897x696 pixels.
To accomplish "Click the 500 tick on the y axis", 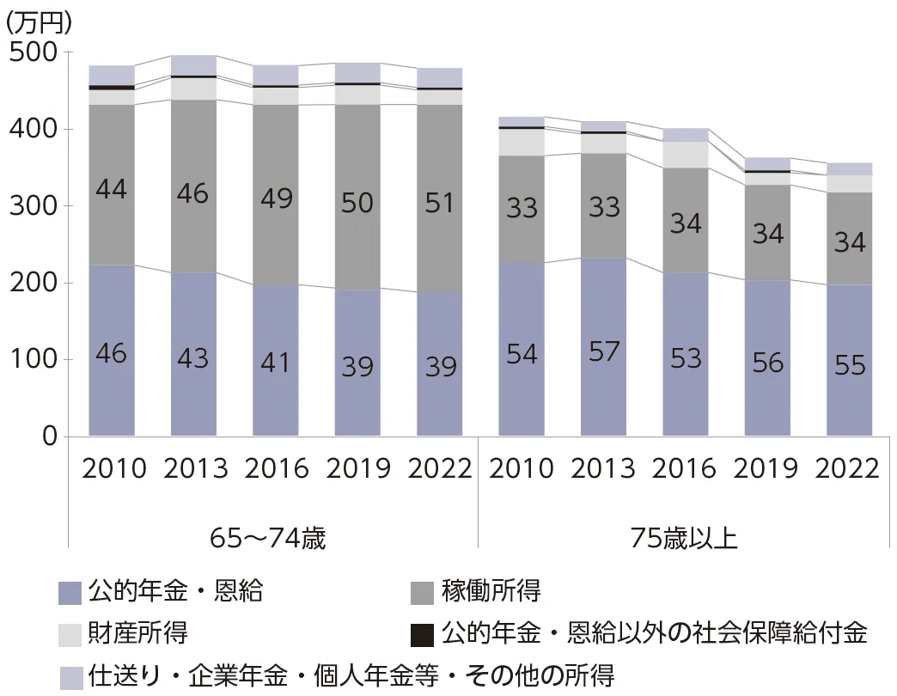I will pyautogui.click(x=32, y=53).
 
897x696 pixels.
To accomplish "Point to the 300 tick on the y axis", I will pyautogui.click(x=32, y=207).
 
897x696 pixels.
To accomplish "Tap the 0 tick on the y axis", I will pyautogui.click(x=47, y=437).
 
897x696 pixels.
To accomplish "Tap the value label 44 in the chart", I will pyautogui.click(x=112, y=189).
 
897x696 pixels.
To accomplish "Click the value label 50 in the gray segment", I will pyautogui.click(x=357, y=204).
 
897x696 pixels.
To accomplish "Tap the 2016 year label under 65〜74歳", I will pyautogui.click(x=276, y=468).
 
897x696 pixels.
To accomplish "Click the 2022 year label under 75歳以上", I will pyautogui.click(x=848, y=468).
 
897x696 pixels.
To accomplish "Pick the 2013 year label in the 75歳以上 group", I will pyautogui.click(x=603, y=468).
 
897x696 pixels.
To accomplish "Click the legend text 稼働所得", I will pyautogui.click(x=491, y=591).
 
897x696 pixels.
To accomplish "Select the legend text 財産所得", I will pyautogui.click(x=137, y=634).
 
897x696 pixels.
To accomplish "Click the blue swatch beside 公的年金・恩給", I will pyautogui.click(x=70, y=592).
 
